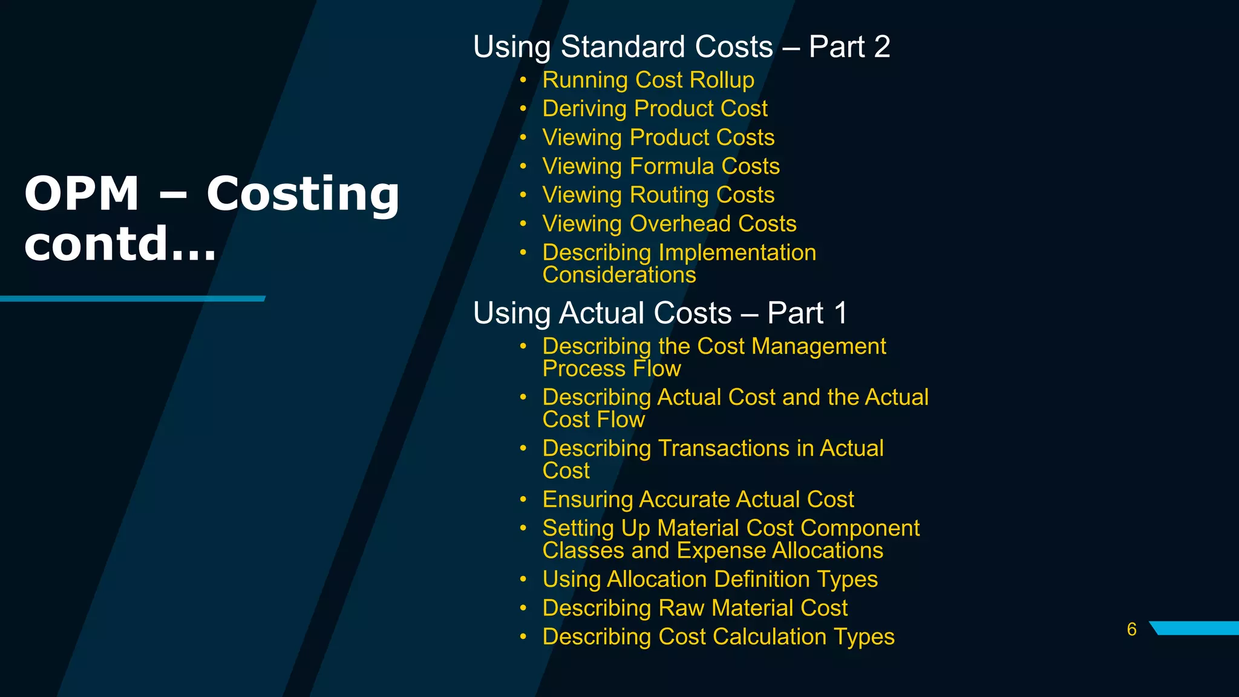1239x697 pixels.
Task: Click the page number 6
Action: point(1131,629)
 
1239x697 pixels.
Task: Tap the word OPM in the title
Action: point(82,194)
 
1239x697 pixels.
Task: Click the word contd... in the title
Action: point(120,244)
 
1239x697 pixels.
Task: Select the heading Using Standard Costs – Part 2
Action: point(681,47)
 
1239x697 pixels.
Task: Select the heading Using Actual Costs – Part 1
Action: point(660,313)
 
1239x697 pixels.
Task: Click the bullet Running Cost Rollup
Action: point(648,80)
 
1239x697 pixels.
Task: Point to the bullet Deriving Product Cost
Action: point(655,109)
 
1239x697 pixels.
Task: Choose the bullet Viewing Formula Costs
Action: point(661,166)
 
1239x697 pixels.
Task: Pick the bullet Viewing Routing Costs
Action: point(658,195)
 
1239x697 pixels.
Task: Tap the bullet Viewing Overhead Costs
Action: point(669,224)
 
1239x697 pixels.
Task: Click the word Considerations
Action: point(619,275)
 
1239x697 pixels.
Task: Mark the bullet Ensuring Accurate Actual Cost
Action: point(698,500)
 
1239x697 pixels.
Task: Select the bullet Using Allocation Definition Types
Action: point(710,580)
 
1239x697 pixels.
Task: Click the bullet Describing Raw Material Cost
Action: point(695,608)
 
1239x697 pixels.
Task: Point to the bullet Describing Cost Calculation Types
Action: point(718,637)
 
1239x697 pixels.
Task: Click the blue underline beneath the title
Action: point(132,299)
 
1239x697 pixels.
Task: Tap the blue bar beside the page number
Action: point(1195,628)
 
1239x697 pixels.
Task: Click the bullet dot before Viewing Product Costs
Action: point(523,137)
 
